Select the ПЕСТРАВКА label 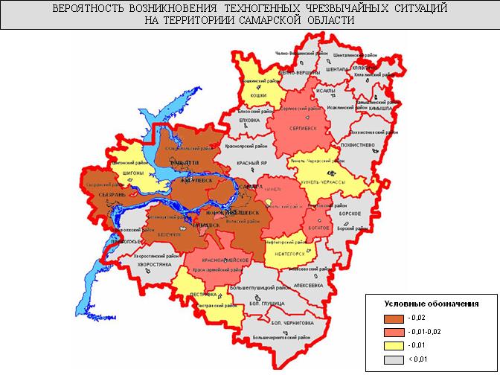pyautogui.click(x=203, y=295)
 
